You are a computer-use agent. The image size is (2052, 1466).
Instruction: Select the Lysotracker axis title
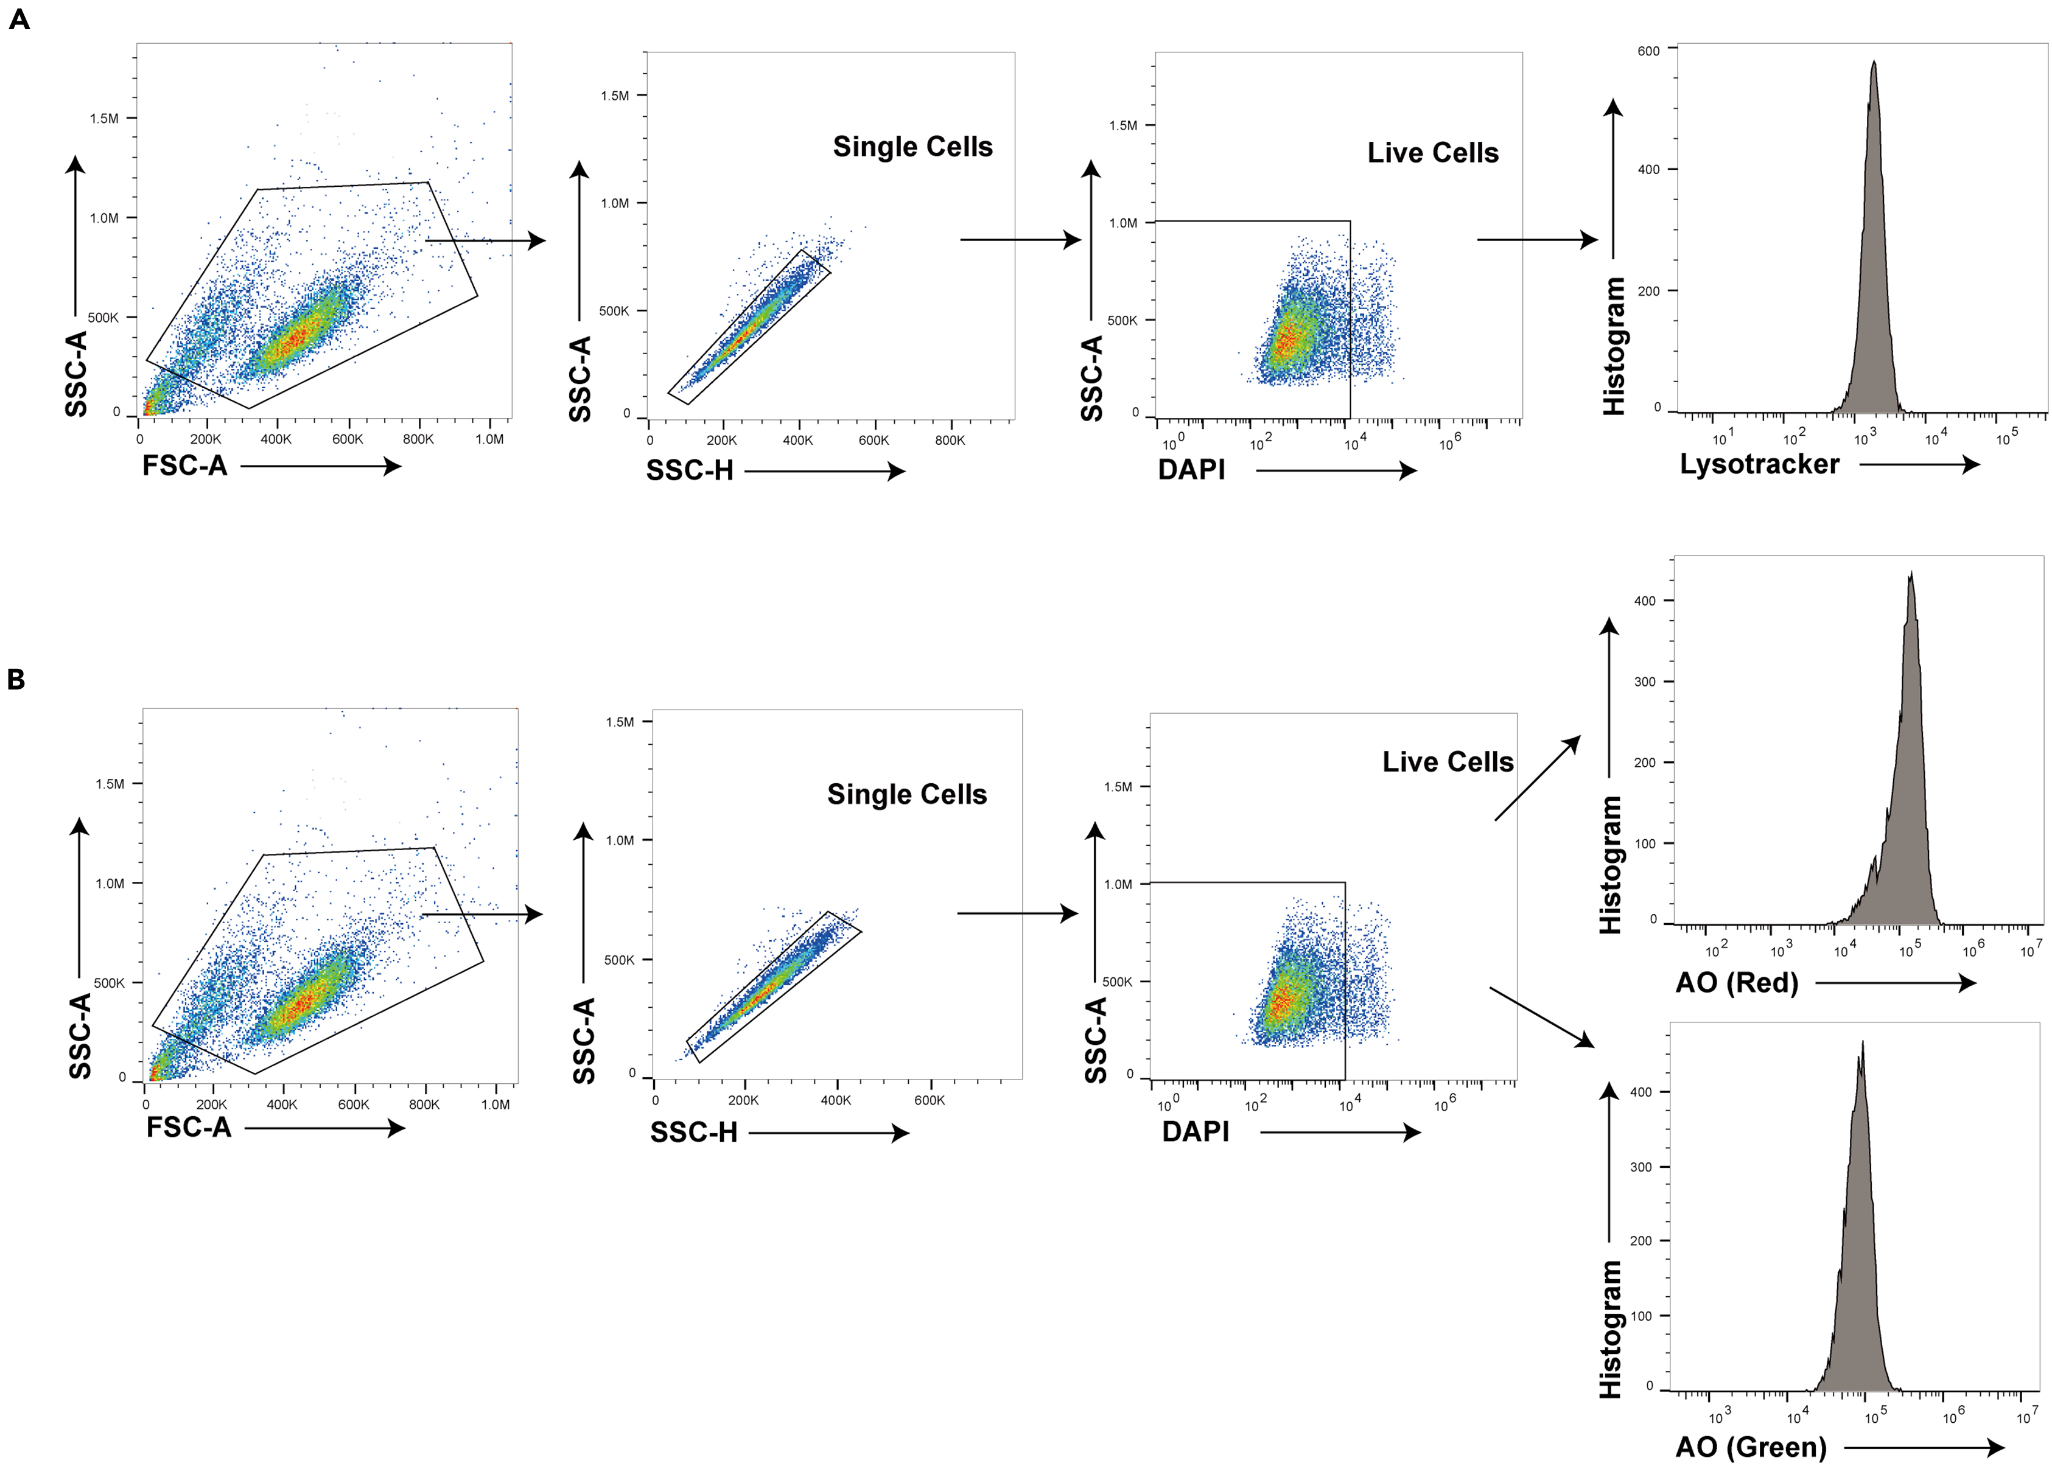click(1759, 464)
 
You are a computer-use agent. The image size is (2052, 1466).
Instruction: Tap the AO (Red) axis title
click(1736, 982)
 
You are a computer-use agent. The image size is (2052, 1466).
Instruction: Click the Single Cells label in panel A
click(912, 146)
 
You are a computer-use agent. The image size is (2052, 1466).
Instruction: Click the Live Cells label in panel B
click(1447, 762)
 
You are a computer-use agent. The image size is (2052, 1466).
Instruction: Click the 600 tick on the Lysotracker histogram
click(1648, 52)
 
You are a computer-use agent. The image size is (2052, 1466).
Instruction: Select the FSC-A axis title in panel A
click(184, 466)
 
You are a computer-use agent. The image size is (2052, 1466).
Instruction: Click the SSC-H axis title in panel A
click(689, 470)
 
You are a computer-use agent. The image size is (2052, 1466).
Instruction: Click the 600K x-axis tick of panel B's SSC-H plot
click(929, 1100)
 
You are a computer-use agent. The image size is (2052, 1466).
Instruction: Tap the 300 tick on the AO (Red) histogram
click(1644, 682)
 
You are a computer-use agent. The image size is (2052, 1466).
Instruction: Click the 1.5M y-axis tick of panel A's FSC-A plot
click(104, 118)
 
